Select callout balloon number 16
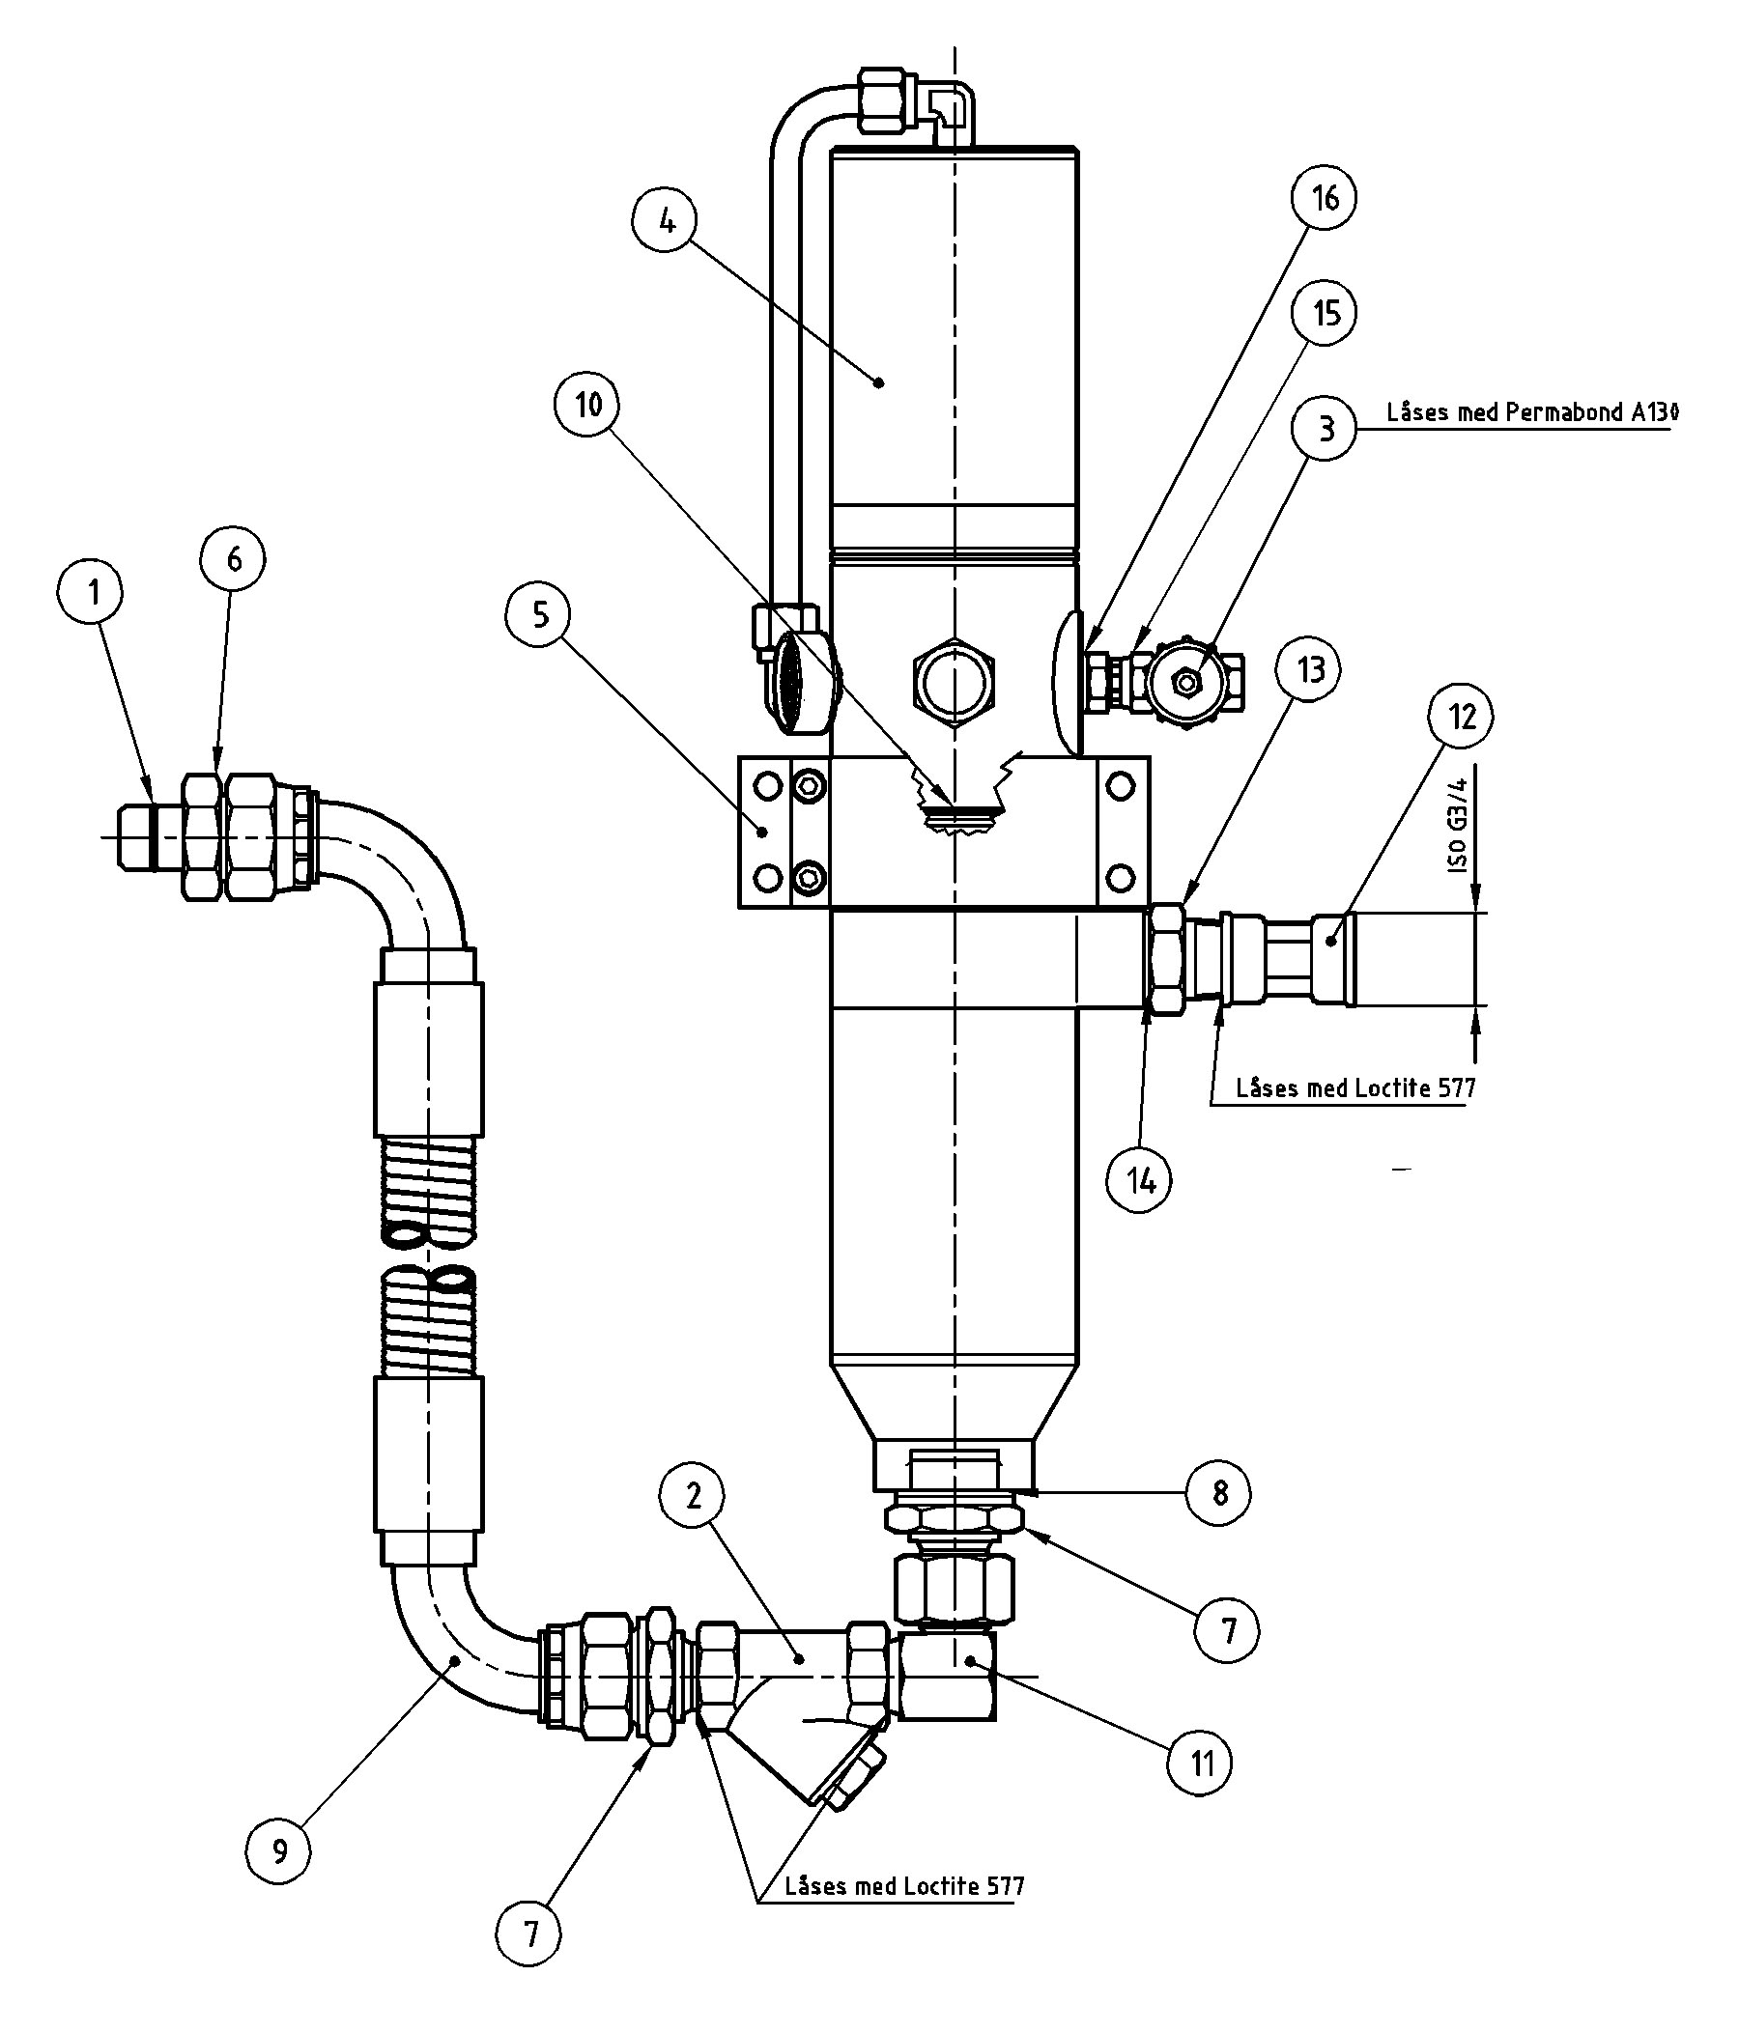(x=1325, y=198)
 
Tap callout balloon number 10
(x=588, y=404)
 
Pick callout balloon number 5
(x=540, y=615)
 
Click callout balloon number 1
(x=93, y=593)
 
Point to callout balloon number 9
(x=279, y=1851)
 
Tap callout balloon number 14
(x=1140, y=1182)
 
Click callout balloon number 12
(x=1462, y=717)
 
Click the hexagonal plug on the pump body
(x=955, y=677)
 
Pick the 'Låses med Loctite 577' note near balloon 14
(x=1354, y=1087)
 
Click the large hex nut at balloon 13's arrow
(x=1165, y=959)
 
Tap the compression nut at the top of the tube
(x=889, y=99)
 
